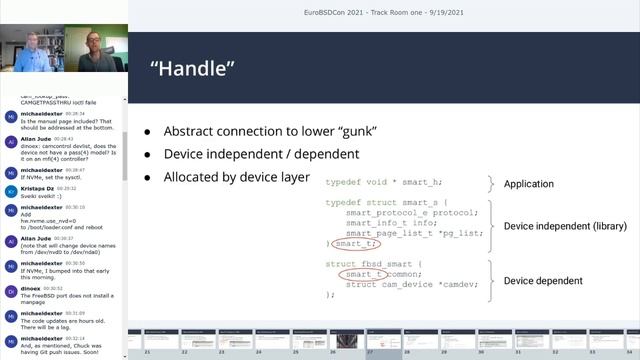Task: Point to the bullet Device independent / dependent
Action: [x=261, y=154]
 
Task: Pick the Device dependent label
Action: [x=544, y=281]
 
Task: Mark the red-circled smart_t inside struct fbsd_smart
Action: [x=363, y=273]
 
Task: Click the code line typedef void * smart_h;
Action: [x=383, y=183]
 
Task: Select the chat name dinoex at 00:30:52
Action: [x=30, y=287]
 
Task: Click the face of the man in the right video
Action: [x=92, y=41]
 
